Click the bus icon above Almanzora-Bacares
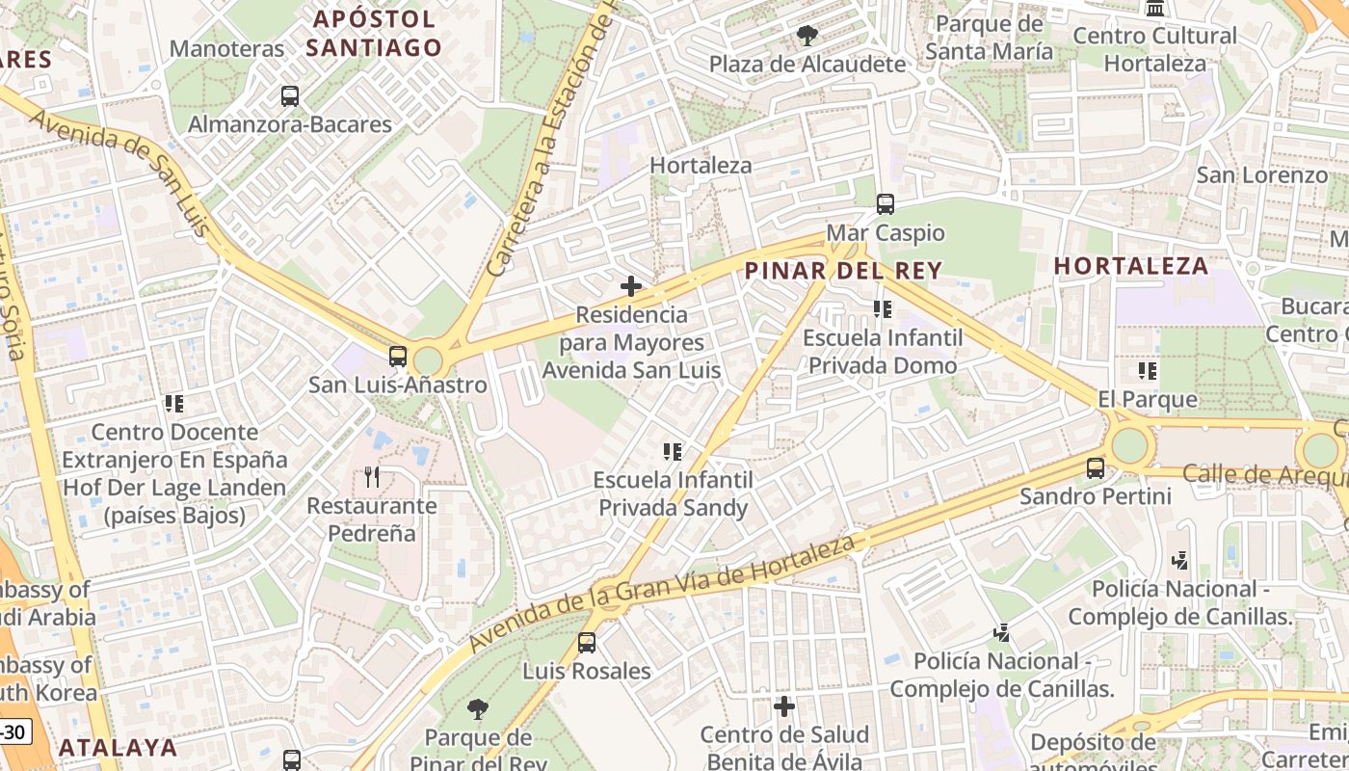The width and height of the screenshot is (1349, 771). pos(290,96)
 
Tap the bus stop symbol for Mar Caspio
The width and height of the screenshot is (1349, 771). pos(885,204)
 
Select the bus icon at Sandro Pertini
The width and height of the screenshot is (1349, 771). pos(1096,468)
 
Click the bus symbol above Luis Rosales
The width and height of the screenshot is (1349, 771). pos(586,643)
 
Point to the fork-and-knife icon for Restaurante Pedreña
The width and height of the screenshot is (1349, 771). pos(373,476)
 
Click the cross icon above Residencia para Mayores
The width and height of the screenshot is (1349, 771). pos(631,286)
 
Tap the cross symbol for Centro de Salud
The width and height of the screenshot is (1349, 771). pos(784,706)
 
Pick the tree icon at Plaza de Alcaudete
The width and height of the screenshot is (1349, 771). pos(807,37)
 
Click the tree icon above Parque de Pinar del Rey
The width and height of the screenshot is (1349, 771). pos(477,710)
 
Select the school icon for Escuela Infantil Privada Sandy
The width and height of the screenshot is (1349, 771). pos(673,451)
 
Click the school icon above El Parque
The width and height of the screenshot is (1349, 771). pos(1147,370)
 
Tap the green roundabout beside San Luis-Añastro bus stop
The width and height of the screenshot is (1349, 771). pos(427,361)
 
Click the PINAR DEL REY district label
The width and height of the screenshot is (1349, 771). pos(843,271)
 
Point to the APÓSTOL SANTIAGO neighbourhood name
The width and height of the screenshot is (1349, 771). pos(375,33)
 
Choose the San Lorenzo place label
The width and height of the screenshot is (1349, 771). pos(1261,175)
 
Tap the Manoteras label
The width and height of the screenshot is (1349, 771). pos(227,48)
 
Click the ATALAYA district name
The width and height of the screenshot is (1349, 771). pos(119,747)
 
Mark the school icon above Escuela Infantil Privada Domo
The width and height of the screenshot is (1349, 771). pos(882,309)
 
